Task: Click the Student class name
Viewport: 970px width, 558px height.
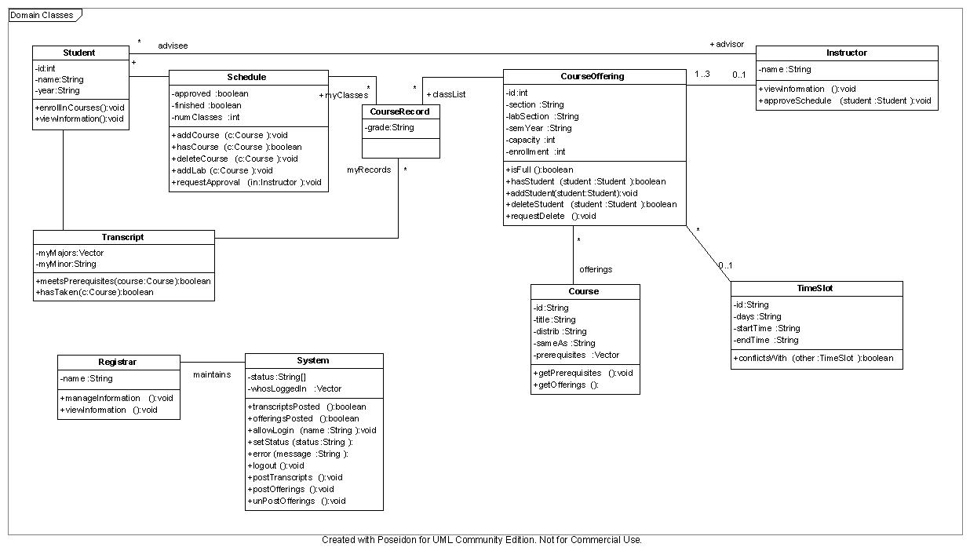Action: tap(79, 53)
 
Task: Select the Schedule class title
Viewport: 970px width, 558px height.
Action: tap(246, 77)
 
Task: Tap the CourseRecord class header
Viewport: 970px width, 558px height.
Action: tap(400, 111)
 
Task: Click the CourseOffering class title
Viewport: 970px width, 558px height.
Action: tap(593, 76)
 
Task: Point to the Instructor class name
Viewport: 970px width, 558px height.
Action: tap(846, 53)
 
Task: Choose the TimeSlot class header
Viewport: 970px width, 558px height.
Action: tap(815, 288)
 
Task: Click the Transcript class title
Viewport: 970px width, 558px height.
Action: tap(122, 237)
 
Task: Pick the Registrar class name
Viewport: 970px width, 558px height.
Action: tap(118, 362)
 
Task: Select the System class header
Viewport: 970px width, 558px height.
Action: tap(313, 360)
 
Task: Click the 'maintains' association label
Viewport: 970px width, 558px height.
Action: tap(212, 374)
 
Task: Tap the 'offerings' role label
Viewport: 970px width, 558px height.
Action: tap(596, 269)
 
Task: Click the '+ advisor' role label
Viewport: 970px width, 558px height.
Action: tap(727, 44)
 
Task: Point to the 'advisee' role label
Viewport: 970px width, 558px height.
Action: tap(173, 46)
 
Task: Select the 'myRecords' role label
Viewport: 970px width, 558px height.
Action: tap(369, 170)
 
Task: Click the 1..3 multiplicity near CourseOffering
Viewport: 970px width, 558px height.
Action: tap(702, 75)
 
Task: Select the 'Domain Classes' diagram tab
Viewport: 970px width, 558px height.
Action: tap(42, 15)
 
